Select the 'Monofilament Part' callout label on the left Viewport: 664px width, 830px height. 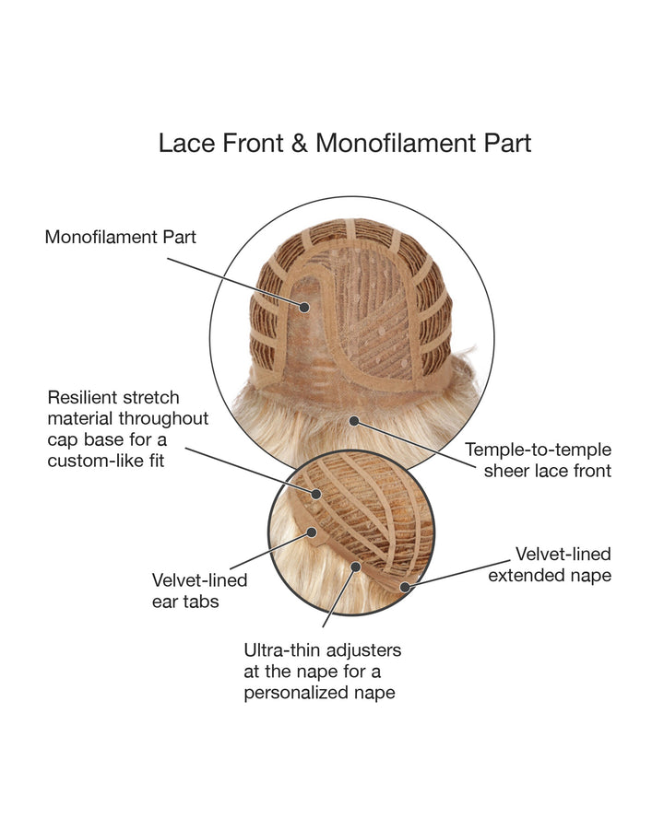(121, 237)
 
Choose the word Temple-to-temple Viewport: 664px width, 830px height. (538, 450)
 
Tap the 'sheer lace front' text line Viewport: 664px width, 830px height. (547, 472)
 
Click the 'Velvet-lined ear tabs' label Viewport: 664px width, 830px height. (199, 590)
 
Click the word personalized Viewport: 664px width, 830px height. (296, 693)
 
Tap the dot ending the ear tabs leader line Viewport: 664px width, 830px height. (312, 532)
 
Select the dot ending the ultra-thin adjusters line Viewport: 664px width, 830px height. (355, 565)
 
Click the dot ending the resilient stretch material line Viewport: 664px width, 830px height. (316, 494)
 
